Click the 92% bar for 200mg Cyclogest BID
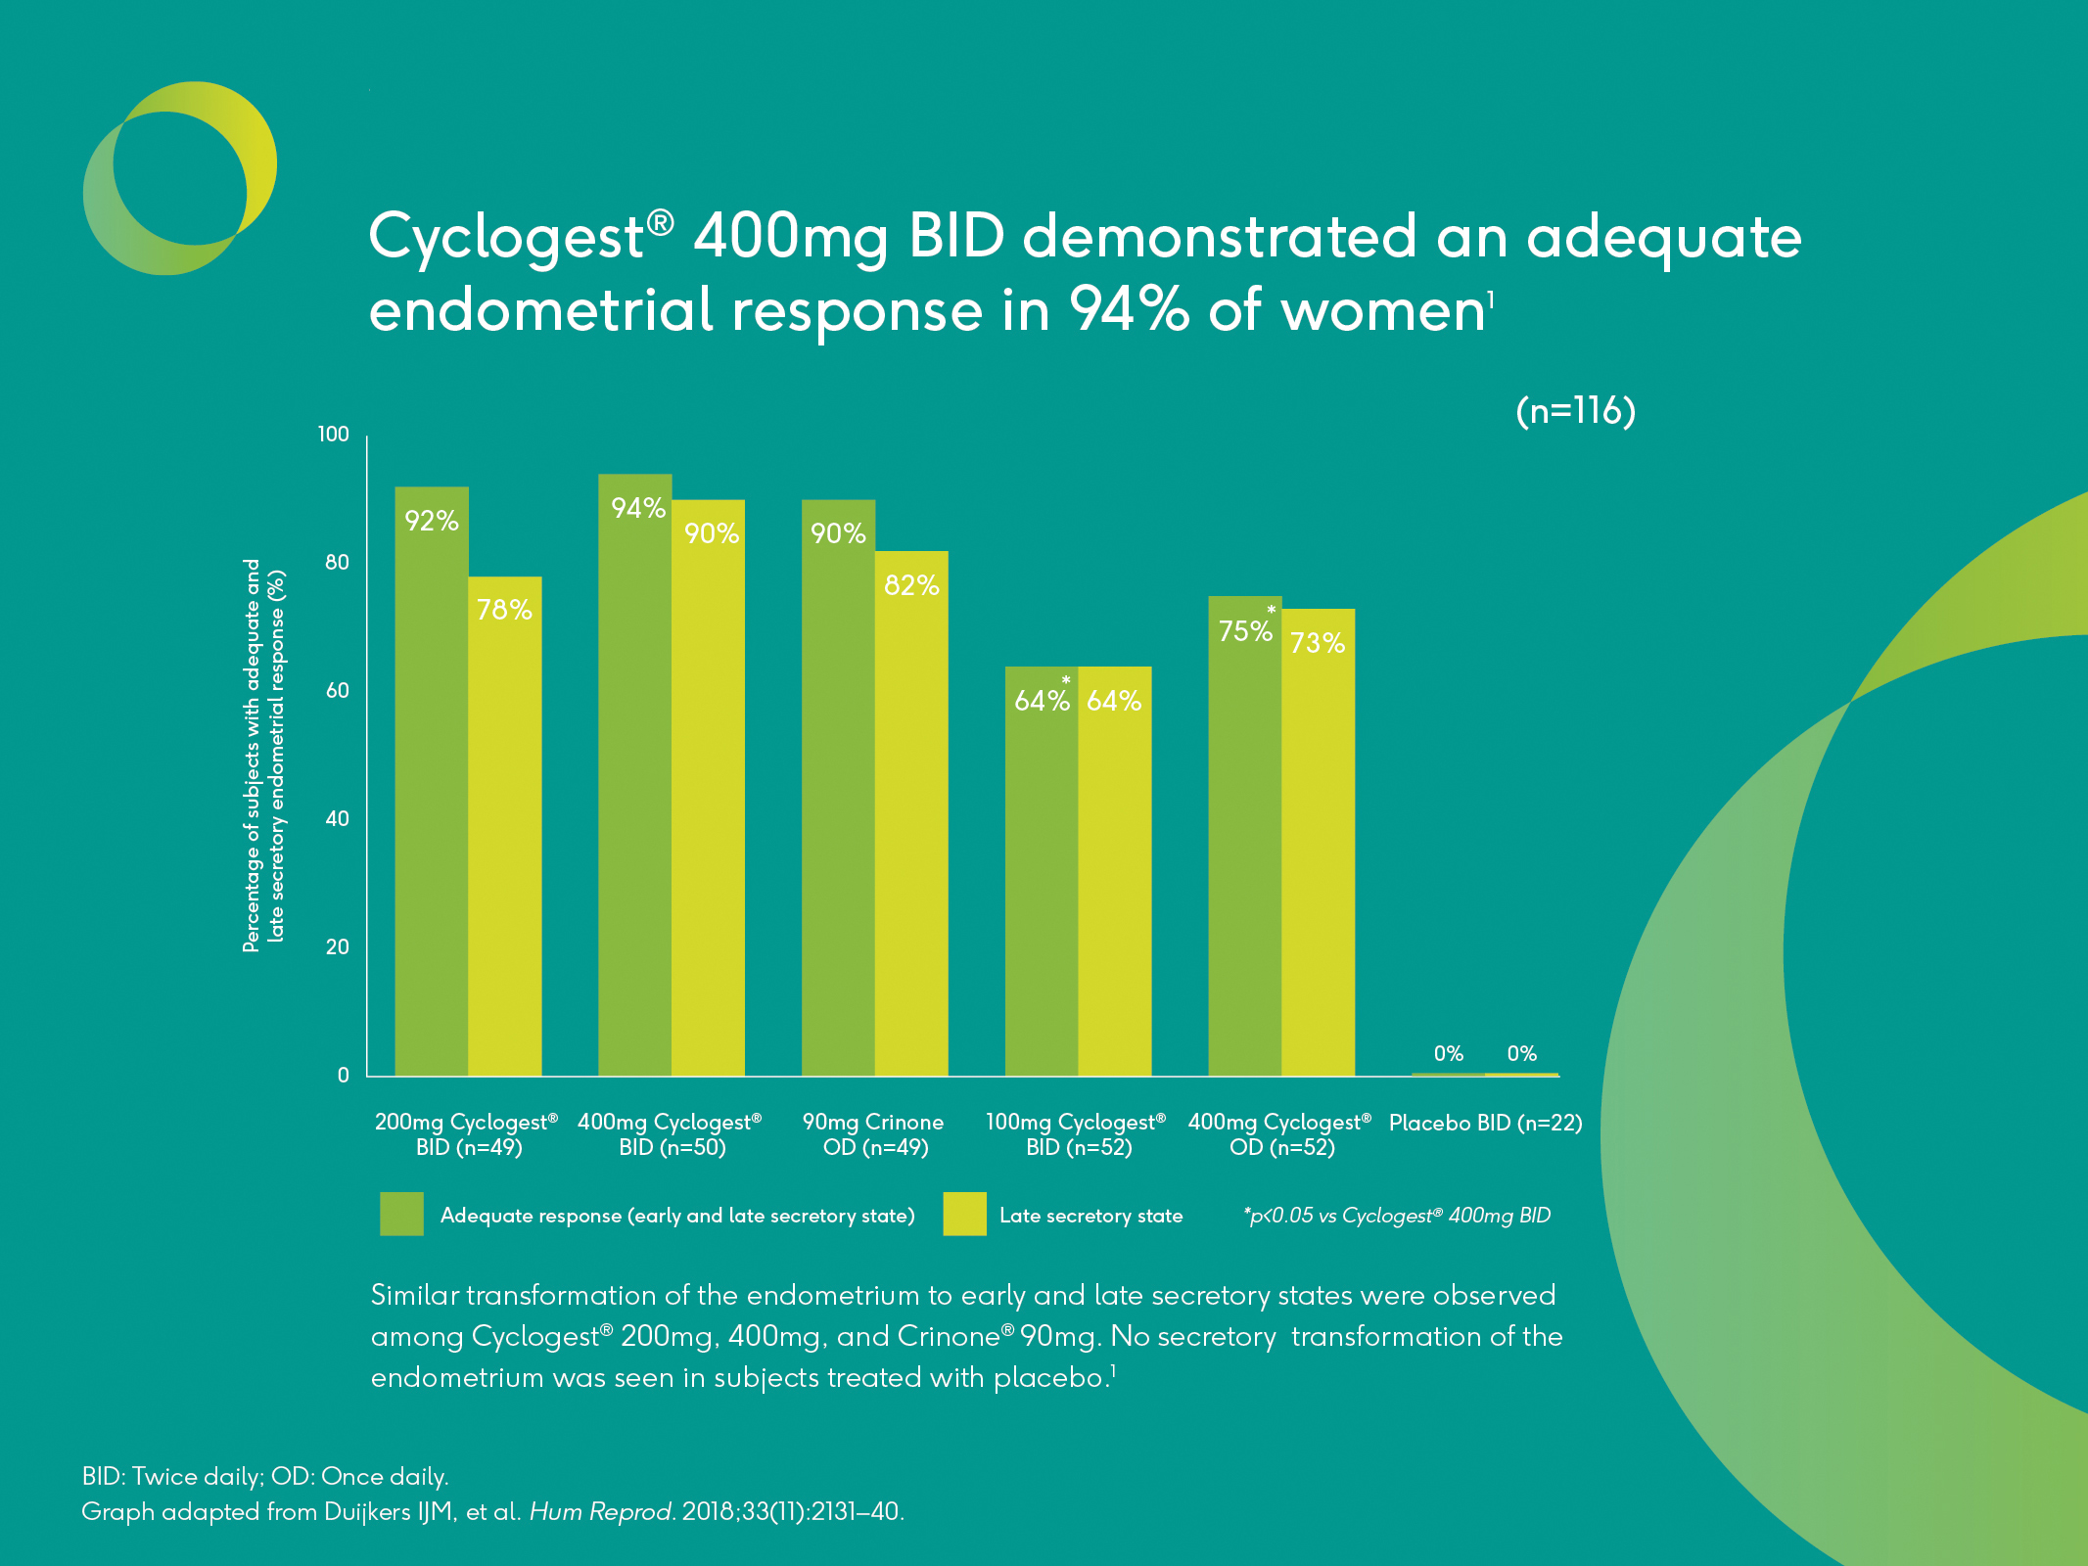[x=432, y=783]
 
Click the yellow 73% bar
[x=1319, y=843]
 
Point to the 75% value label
[x=1245, y=631]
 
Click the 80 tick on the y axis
[x=337, y=563]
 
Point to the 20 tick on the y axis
[x=337, y=947]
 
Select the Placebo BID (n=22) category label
[x=1485, y=1123]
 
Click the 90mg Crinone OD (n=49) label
[x=873, y=1134]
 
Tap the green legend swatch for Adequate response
[x=401, y=1214]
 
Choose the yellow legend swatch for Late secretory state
[x=964, y=1214]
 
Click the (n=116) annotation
[x=1575, y=411]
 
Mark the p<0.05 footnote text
[x=1397, y=1216]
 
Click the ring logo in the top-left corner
[x=180, y=178]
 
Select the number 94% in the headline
[x=1128, y=309]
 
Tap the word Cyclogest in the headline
[x=505, y=238]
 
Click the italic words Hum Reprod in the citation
[x=600, y=1512]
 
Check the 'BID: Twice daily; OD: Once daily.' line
[x=265, y=1476]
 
